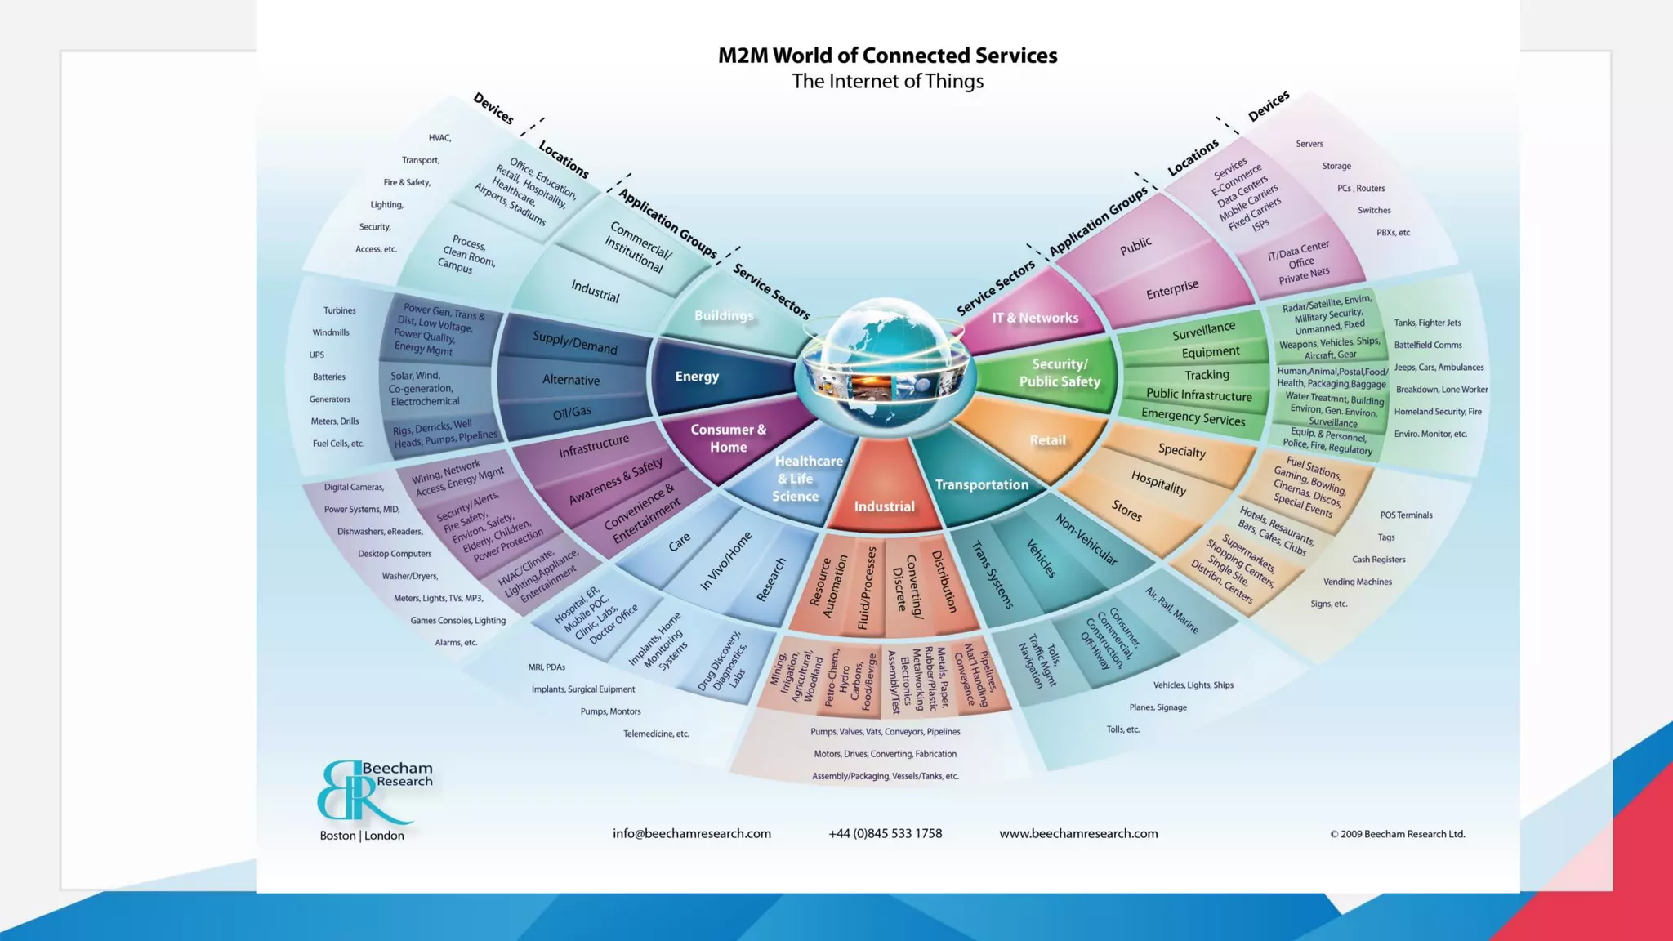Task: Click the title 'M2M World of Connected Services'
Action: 887,56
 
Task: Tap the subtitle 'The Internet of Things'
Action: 887,82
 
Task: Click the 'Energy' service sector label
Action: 697,377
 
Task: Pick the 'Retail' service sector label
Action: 1047,440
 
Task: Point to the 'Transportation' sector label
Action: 981,485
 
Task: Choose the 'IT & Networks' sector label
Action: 1035,318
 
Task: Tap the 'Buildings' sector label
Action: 724,316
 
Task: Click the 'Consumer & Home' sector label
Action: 728,439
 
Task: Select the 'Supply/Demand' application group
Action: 574,342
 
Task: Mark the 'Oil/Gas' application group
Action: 572,413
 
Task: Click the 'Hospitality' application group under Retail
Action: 1158,482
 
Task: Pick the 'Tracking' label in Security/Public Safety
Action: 1207,375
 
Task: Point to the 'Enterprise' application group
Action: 1172,289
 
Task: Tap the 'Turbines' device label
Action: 339,310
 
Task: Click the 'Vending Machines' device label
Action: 1357,582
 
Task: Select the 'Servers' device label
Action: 1309,144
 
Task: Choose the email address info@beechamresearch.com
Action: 691,834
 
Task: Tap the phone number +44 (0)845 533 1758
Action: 885,834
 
